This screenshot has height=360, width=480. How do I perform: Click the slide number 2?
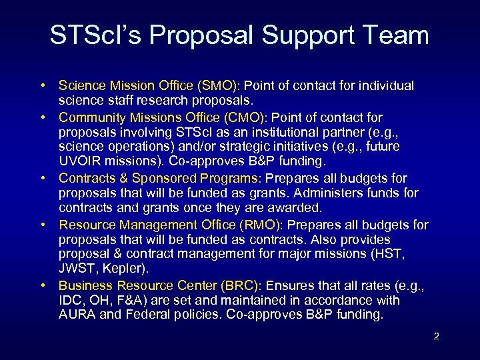pos(436,336)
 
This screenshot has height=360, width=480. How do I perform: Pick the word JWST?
pos(75,268)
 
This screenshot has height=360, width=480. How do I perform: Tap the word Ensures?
pos(285,284)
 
